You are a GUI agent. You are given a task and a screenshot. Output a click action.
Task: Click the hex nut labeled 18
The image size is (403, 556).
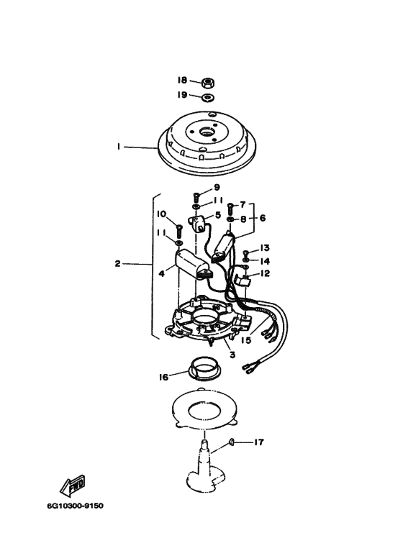(207, 83)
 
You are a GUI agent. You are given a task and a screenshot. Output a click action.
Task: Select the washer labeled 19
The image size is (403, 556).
(208, 97)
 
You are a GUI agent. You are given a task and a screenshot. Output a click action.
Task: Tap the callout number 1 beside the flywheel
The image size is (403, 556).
(119, 147)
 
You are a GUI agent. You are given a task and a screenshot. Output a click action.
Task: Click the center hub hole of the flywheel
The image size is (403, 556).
(207, 132)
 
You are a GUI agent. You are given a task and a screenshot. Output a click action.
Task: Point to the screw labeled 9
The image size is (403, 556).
(196, 197)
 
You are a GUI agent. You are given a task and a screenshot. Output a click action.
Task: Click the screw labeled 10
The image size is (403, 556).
(178, 231)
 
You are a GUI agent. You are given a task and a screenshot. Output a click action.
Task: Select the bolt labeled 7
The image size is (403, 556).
(230, 209)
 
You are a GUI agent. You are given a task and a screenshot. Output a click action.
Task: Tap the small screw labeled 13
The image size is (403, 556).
(245, 253)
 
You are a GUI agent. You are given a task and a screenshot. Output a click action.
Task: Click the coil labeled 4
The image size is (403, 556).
(193, 265)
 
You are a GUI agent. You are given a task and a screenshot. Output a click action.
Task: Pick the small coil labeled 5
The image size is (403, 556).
(199, 224)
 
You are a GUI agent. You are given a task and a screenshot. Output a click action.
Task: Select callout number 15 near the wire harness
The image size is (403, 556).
(246, 340)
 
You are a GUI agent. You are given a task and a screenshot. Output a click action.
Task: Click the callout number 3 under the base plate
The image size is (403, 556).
(232, 355)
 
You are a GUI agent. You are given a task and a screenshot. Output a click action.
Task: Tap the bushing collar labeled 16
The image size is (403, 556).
(204, 370)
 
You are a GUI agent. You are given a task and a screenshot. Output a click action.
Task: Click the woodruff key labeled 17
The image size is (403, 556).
(230, 442)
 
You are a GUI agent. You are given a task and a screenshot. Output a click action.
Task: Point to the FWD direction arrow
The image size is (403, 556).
(73, 486)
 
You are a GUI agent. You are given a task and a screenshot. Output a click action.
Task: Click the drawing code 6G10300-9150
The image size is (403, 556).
(76, 506)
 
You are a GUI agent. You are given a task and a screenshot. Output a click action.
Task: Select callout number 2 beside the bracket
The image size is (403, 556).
(118, 264)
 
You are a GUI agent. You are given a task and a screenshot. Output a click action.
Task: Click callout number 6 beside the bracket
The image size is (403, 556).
(263, 218)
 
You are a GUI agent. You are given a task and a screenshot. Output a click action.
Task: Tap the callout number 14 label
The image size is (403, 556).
(265, 261)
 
